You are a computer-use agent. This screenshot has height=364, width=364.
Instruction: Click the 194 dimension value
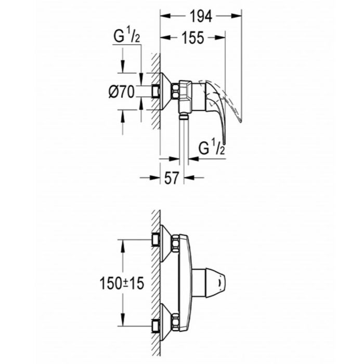[x=201, y=17]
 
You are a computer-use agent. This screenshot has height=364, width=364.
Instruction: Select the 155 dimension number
[x=192, y=38]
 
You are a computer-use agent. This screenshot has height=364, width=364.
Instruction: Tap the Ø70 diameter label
[x=122, y=92]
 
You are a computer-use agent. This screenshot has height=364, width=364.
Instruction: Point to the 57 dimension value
[x=172, y=178]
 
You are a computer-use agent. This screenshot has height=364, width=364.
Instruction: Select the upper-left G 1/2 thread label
[x=126, y=38]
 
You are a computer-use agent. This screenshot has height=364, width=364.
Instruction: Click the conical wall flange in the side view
[x=166, y=92]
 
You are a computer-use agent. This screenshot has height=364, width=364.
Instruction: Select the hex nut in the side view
[x=176, y=92]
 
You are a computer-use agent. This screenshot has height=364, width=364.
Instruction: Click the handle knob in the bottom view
[x=211, y=283]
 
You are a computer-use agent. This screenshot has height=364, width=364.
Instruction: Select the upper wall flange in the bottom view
[x=166, y=243]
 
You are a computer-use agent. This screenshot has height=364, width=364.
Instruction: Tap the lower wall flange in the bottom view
[x=166, y=322]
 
